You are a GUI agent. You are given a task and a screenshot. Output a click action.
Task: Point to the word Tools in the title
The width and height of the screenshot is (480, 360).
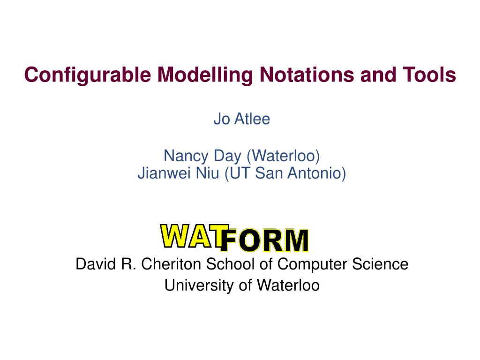coord(430,75)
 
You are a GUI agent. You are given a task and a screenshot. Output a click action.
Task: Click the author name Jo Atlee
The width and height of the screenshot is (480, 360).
coord(242,119)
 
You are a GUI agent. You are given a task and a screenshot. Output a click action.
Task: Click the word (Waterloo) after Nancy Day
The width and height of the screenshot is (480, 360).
coord(279,155)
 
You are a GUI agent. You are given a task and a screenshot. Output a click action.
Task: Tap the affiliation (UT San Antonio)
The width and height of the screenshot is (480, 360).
coord(285,173)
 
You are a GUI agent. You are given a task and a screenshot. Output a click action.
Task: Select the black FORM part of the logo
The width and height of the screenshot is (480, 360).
coord(264,241)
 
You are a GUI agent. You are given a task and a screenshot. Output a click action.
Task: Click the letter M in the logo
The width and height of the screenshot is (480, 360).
coord(294,241)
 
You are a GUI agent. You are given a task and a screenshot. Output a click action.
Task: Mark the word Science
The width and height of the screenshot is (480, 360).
coord(382,264)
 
